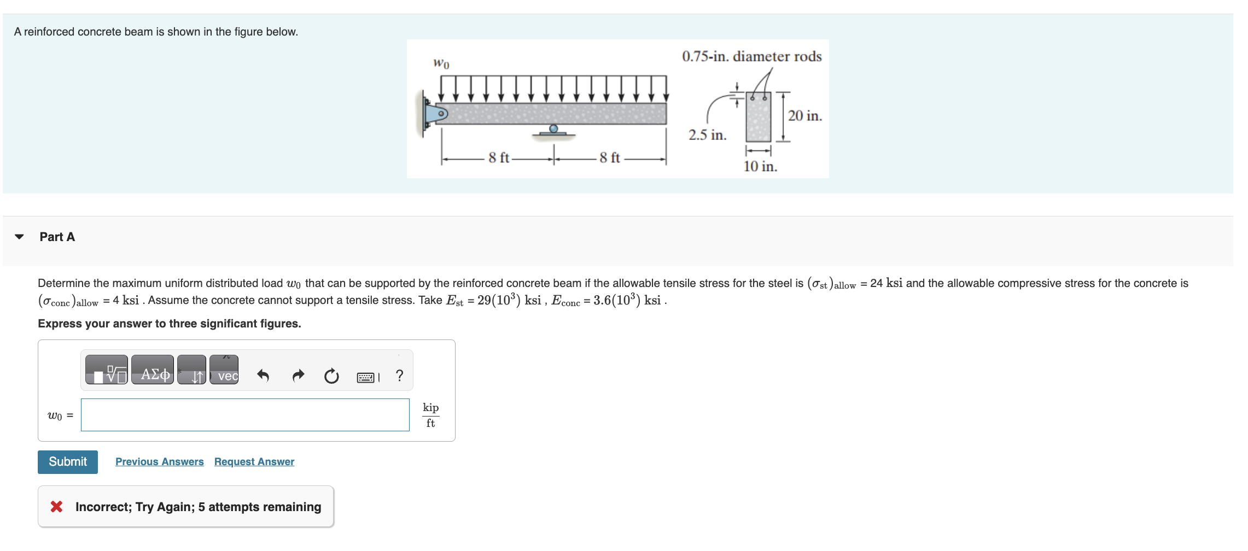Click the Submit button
[67, 462]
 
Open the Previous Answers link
[159, 462]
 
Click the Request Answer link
[254, 462]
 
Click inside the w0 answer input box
[244, 415]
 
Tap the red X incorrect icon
[56, 507]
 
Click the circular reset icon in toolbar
[331, 376]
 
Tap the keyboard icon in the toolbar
[366, 377]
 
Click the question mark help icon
[400, 376]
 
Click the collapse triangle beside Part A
[20, 237]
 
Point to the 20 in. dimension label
[804, 116]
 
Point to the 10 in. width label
[760, 166]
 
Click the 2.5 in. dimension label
[707, 135]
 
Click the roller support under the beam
[553, 130]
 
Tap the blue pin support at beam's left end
[436, 114]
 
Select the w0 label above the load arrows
[441, 63]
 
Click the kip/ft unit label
[430, 415]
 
